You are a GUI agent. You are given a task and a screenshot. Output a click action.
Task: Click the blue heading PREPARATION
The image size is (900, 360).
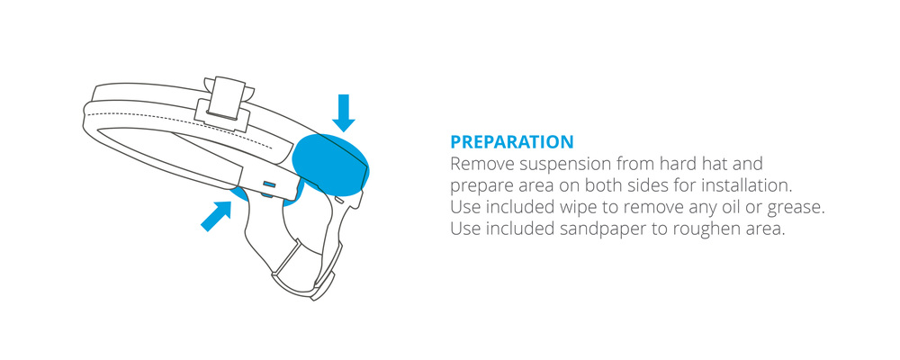(x=511, y=142)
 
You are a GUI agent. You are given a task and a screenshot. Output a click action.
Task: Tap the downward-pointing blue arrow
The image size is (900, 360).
(x=343, y=113)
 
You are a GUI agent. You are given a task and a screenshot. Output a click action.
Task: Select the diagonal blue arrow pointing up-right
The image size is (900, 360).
(x=216, y=215)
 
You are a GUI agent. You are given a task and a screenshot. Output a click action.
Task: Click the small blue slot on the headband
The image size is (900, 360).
(x=269, y=184)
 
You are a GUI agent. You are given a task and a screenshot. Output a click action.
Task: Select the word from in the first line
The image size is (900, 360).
(x=634, y=164)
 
